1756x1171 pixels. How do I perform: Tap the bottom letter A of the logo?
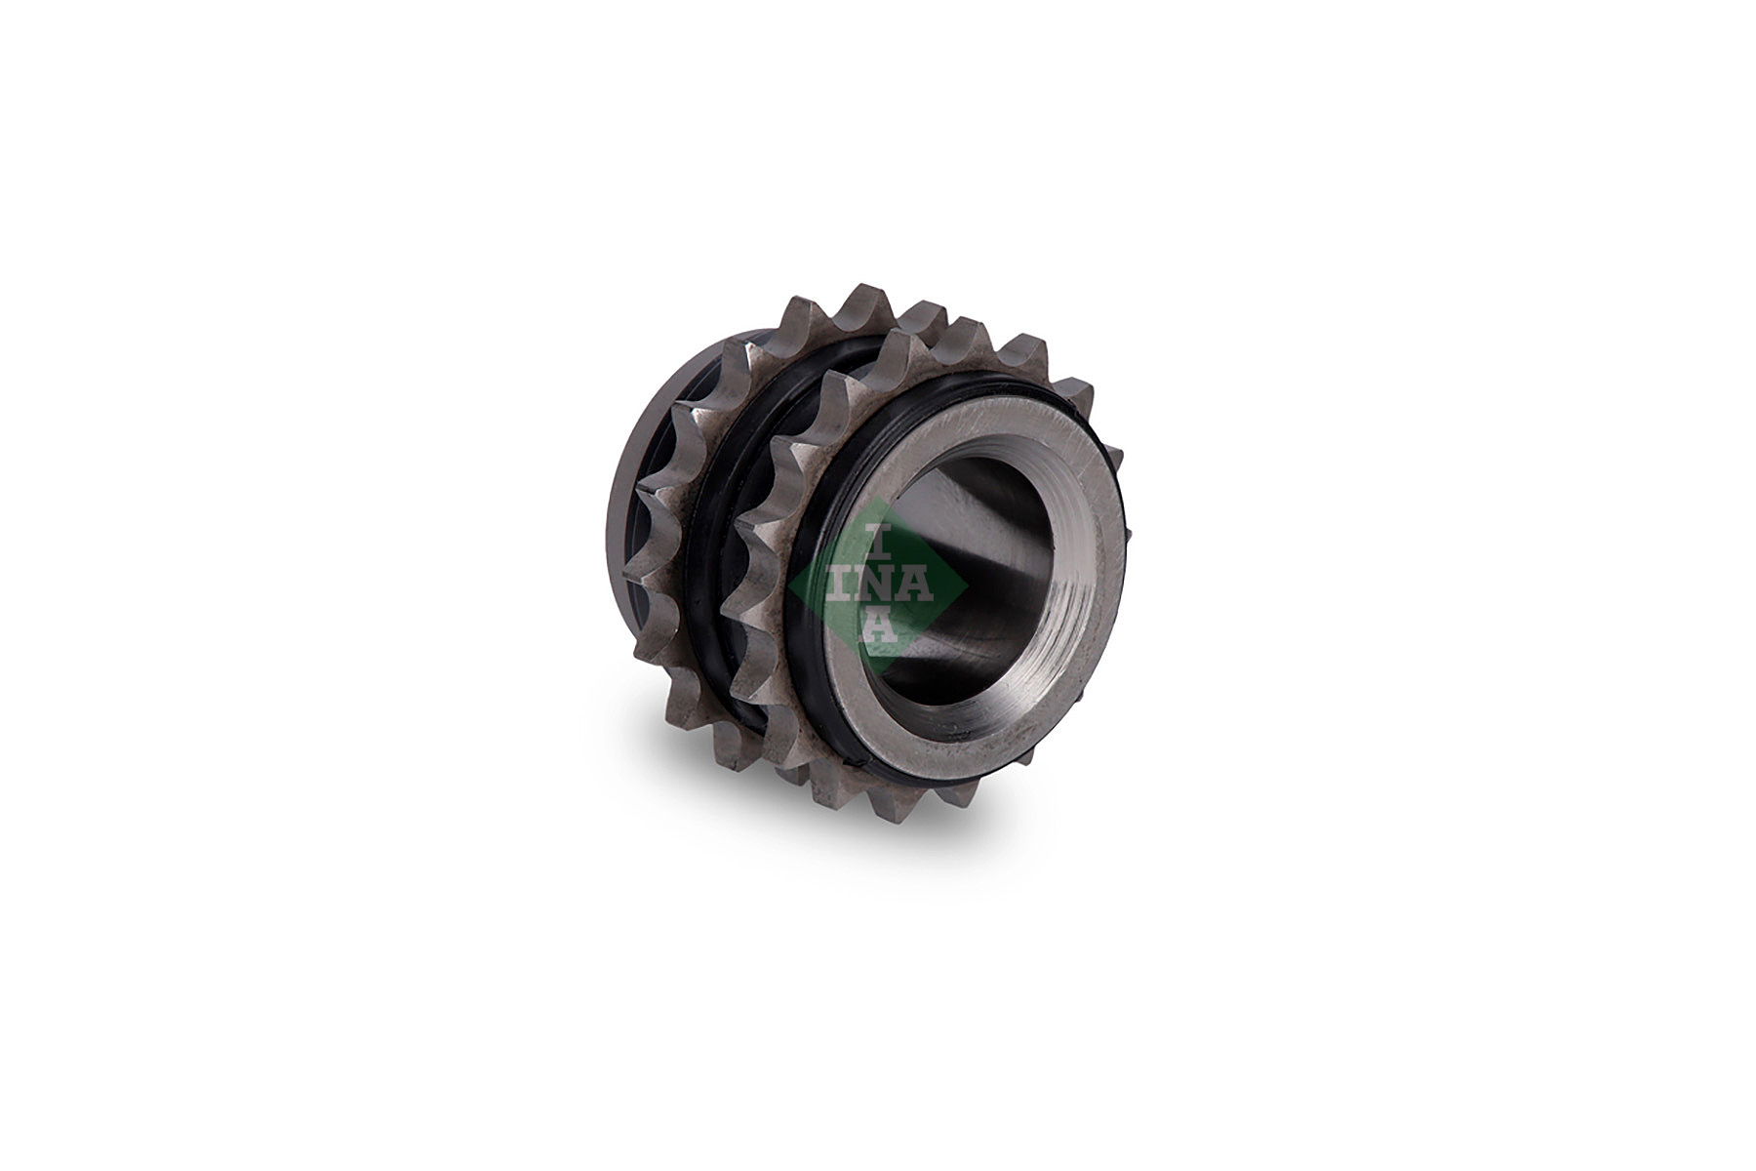(878, 627)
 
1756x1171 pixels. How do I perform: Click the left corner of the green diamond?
(788, 585)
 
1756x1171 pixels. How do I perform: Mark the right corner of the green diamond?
(968, 585)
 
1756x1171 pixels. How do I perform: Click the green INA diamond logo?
(878, 585)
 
